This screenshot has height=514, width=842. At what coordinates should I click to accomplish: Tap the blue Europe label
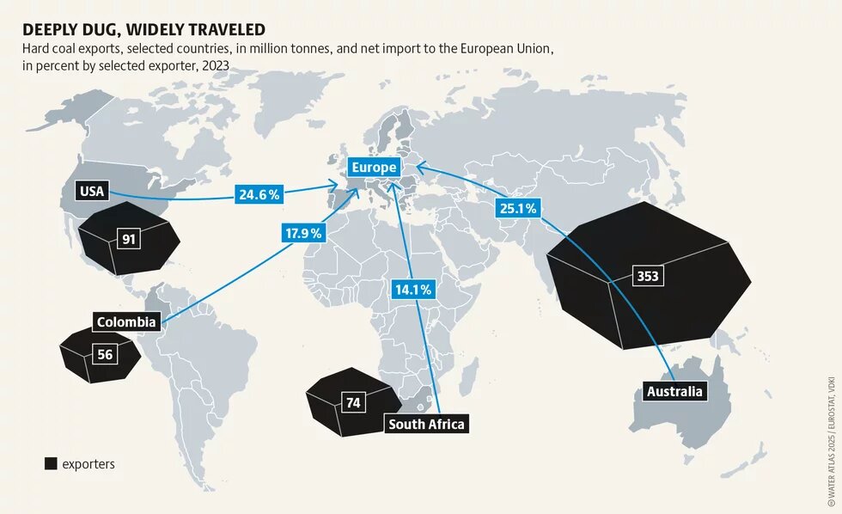pyautogui.click(x=373, y=168)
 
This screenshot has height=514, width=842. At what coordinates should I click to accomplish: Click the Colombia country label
pyautogui.click(x=126, y=322)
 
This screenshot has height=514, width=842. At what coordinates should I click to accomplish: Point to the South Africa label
pyautogui.click(x=426, y=424)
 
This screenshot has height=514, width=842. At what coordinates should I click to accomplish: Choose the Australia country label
pyautogui.click(x=674, y=392)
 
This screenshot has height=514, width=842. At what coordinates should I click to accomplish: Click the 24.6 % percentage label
pyautogui.click(x=258, y=195)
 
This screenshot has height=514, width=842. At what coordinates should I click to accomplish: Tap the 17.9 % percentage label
pyautogui.click(x=303, y=233)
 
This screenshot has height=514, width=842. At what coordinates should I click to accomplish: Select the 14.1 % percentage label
pyautogui.click(x=413, y=289)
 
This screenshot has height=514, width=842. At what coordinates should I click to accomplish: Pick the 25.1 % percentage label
pyautogui.click(x=517, y=208)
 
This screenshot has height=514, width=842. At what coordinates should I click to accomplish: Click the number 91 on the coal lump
pyautogui.click(x=129, y=239)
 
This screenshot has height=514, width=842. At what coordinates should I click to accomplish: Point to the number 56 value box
pyautogui.click(x=105, y=353)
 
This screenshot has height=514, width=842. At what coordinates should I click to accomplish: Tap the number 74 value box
pyautogui.click(x=353, y=402)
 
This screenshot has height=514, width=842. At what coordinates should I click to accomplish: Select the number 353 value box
pyautogui.click(x=647, y=276)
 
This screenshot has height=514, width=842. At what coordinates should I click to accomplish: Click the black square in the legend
pyautogui.click(x=51, y=464)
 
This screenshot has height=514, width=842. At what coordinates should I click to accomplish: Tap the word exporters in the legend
pyautogui.click(x=88, y=464)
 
